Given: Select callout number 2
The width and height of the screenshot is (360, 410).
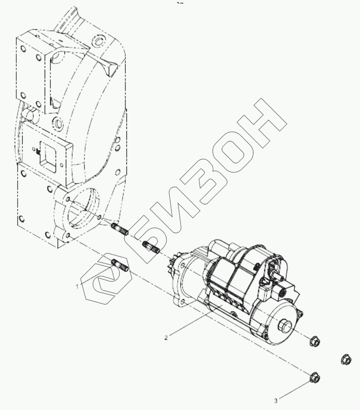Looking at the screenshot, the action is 166,338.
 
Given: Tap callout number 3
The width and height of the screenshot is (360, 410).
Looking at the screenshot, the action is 275,400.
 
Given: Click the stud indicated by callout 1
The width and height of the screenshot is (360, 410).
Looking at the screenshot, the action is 120,265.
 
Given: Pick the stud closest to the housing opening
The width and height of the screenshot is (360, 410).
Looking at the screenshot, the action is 120,229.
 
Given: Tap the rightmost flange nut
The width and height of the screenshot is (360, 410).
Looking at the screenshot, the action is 346,359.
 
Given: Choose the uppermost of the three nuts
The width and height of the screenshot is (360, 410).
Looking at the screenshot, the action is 314,341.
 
